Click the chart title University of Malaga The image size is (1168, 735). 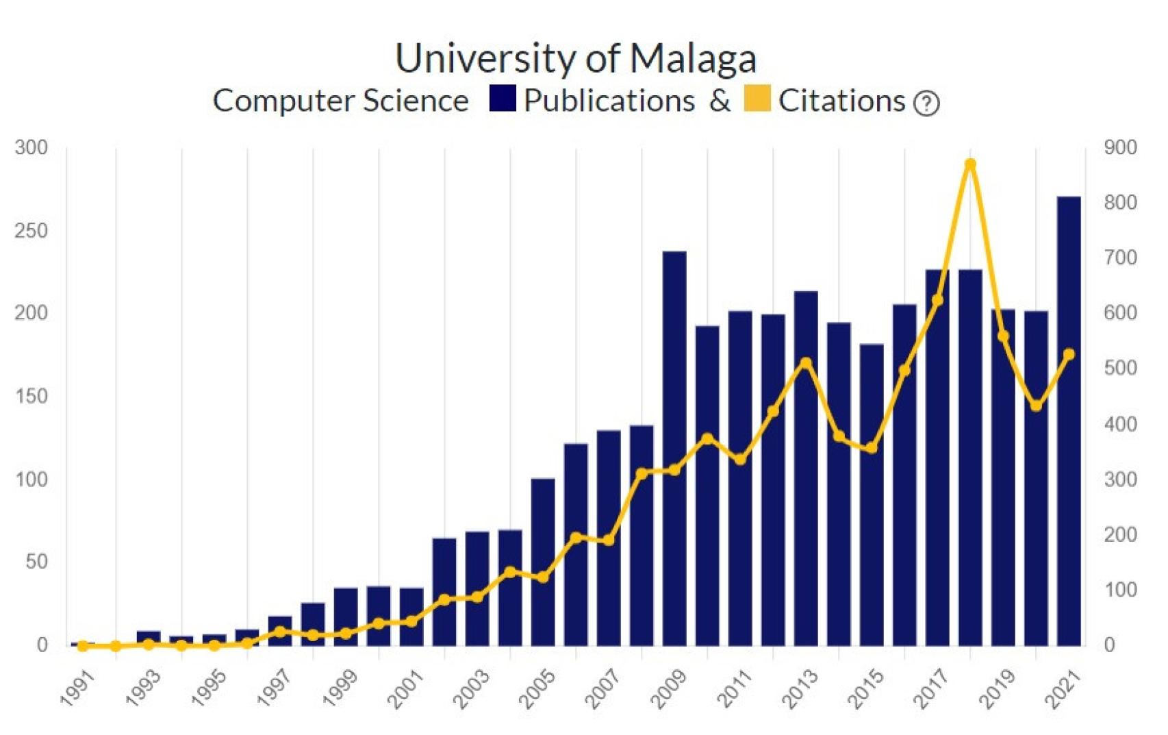pyautogui.click(x=575, y=58)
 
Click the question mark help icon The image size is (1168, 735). pyautogui.click(x=926, y=103)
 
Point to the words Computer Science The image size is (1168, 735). pyautogui.click(x=340, y=101)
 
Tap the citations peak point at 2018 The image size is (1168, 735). pyautogui.click(x=970, y=164)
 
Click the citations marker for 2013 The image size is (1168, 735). pyautogui.click(x=806, y=362)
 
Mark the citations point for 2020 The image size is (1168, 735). pyautogui.click(x=1036, y=406)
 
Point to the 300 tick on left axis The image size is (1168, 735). pyautogui.click(x=31, y=147)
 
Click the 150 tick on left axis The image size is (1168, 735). pyautogui.click(x=31, y=396)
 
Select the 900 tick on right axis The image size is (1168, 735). pyautogui.click(x=1120, y=147)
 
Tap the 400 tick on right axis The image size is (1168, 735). pyautogui.click(x=1120, y=423)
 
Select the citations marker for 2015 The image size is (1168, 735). pyautogui.click(x=872, y=448)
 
